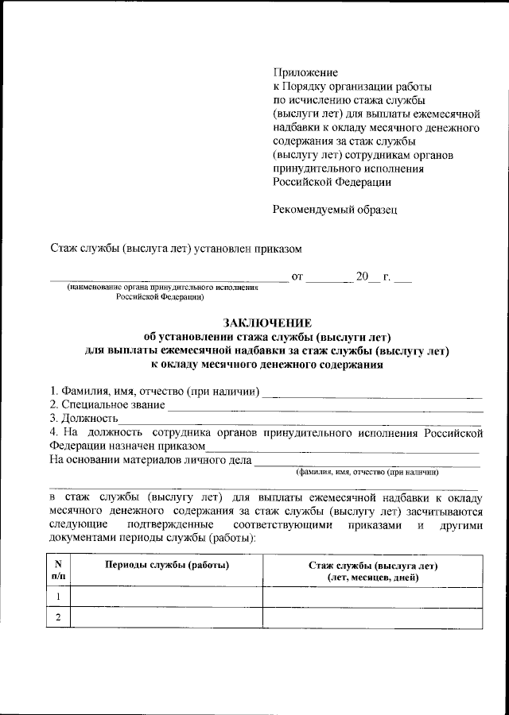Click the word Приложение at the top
305,72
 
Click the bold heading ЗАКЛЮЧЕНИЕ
266,322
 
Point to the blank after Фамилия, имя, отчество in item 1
372,394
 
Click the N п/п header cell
58,570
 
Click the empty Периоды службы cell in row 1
166,597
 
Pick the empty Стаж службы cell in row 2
373,618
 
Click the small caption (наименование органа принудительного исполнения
164,287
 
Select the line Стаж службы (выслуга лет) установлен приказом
176,249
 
